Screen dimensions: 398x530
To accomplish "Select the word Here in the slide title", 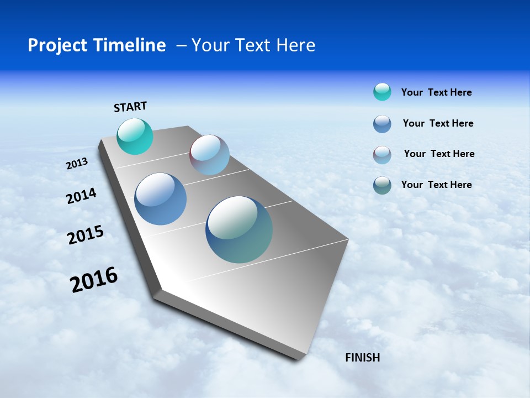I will (295, 45).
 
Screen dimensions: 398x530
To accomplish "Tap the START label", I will (130, 107).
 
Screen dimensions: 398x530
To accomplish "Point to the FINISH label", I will (362, 358).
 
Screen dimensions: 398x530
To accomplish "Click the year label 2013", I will (77, 164).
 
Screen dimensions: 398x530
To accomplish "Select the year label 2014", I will (81, 196).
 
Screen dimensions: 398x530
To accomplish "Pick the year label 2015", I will (86, 235).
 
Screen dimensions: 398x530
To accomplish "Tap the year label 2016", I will (94, 280).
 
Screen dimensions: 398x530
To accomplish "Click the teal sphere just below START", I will (135, 136).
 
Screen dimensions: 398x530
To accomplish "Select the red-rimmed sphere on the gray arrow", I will (209, 155).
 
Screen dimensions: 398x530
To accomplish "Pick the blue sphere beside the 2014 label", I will (161, 199).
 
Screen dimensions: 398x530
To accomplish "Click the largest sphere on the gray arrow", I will (239, 229).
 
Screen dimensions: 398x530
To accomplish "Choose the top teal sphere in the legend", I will (382, 92).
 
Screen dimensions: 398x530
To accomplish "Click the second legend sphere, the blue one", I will (382, 124).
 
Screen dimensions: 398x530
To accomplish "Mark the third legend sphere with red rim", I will (382, 155).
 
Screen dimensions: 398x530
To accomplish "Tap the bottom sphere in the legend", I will (382, 185).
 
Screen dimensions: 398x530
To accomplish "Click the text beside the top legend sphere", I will (436, 92).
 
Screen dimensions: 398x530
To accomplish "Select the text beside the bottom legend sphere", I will (436, 185).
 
